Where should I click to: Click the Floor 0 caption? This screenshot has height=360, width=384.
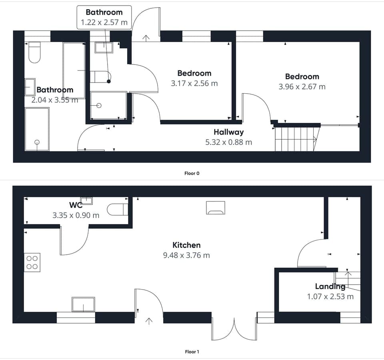coord(192,173)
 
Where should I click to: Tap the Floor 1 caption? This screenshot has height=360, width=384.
coord(192,352)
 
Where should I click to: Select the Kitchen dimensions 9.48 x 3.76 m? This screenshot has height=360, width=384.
coord(186,255)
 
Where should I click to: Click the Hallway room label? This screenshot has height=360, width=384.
coord(228,132)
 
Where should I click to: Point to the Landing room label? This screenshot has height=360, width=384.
coord(330,286)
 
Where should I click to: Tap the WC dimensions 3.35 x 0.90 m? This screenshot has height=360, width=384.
coord(76,215)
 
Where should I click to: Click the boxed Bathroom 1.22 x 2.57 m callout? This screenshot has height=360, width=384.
coord(104,17)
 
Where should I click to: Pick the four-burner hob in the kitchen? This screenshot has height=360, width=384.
coord(32,262)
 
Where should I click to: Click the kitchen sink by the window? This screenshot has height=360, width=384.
coord(83,304)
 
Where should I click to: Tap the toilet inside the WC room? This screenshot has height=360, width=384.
coord(118,209)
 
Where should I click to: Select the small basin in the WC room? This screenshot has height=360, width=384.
coord(86,200)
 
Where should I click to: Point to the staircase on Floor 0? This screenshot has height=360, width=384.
coord(296,139)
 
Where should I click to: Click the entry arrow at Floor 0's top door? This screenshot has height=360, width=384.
coord(146,38)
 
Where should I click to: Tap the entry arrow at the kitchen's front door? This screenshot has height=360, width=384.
coord(149,321)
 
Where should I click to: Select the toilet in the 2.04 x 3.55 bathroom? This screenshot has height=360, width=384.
coord(35,52)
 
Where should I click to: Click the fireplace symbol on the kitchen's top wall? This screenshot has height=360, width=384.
coord(216,207)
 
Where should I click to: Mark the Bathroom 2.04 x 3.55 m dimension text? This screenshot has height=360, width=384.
coord(54,100)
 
